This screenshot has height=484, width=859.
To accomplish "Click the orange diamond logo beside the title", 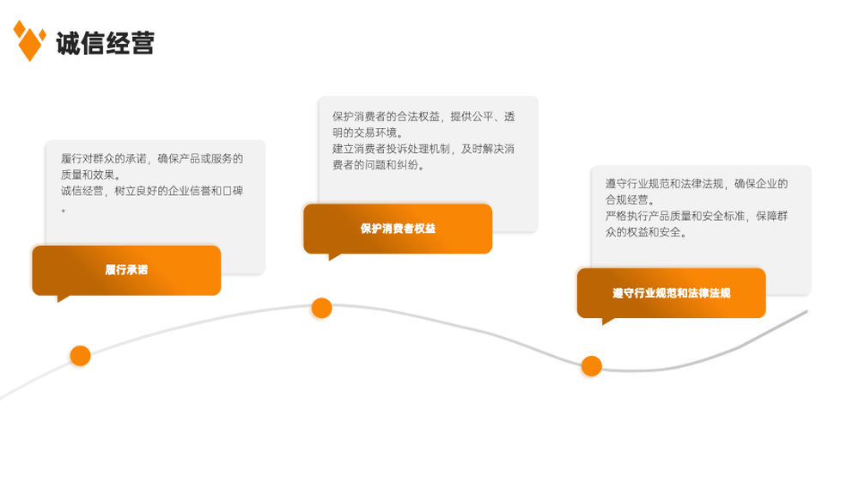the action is (x=29, y=41).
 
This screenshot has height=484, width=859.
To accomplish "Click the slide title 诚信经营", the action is (x=105, y=43).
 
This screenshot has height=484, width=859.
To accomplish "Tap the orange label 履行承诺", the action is (x=126, y=270).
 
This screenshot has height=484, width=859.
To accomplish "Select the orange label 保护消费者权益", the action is (x=398, y=229).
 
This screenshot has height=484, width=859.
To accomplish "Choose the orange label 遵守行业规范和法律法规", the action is (x=671, y=293).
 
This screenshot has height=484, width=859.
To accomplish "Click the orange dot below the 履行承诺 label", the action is (x=81, y=356).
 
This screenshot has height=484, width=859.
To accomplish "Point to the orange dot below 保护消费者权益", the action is (x=321, y=308).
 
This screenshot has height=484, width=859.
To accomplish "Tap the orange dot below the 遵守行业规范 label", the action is (x=592, y=366).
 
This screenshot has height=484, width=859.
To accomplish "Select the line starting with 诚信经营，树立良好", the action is (x=152, y=191).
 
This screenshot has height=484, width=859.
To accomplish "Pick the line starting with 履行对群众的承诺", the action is (x=152, y=159).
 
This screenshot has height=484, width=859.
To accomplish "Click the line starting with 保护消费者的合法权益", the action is (x=423, y=117).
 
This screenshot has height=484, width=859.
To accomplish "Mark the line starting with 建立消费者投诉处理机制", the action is (x=423, y=149).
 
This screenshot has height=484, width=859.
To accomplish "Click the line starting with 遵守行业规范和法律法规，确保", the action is (x=697, y=184).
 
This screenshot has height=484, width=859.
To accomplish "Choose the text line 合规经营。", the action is (x=630, y=199).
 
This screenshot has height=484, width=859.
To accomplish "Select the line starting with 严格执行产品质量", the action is (x=697, y=216).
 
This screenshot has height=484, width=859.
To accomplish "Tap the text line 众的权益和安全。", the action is (x=647, y=232).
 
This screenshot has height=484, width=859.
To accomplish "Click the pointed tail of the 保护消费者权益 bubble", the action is (x=330, y=260).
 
